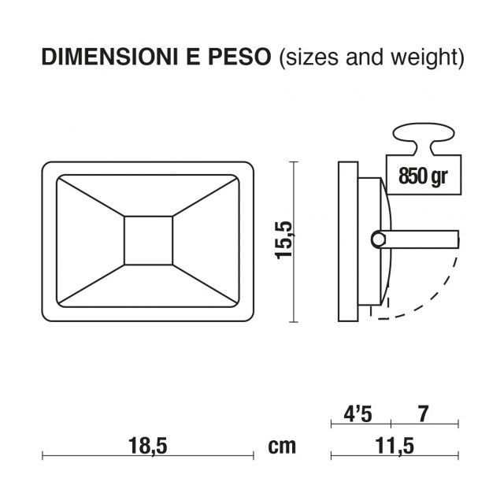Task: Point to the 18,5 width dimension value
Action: pyautogui.click(x=147, y=446)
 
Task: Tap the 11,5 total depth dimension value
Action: pyautogui.click(x=395, y=446)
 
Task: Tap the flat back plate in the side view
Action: pyautogui.click(x=346, y=241)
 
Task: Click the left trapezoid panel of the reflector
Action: pyautogui.click(x=91, y=241)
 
